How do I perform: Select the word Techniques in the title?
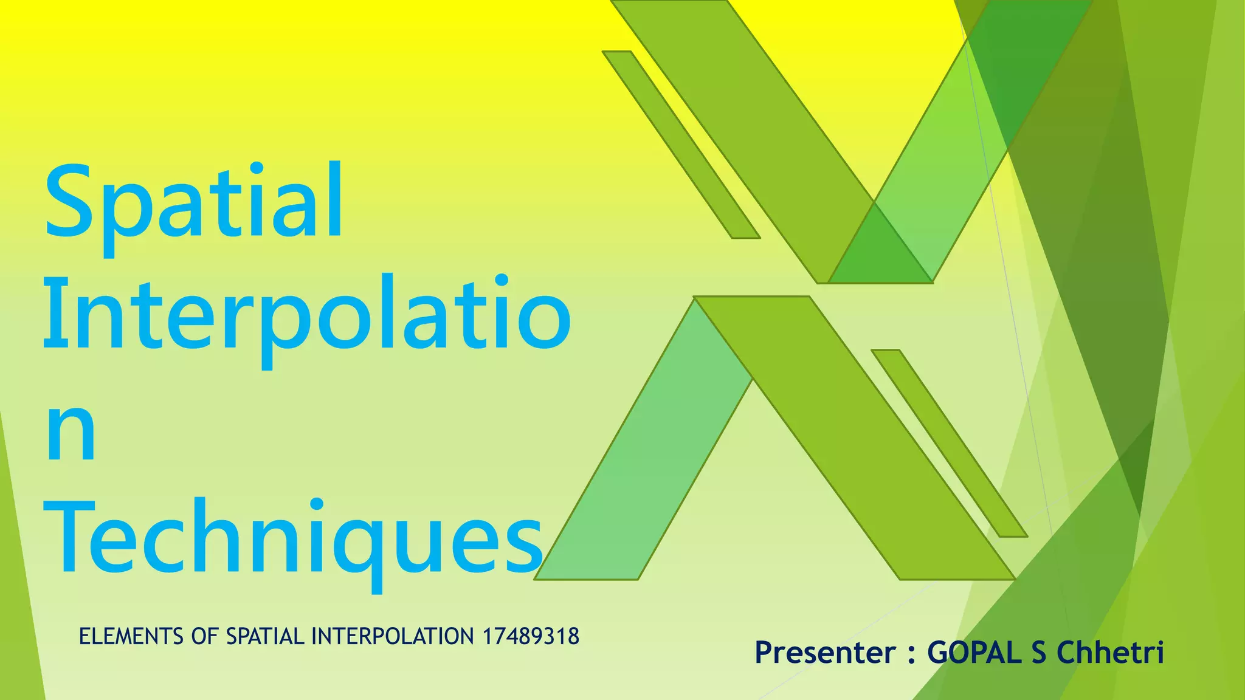pyautogui.click(x=293, y=538)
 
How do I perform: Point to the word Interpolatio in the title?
pyautogui.click(x=307, y=316)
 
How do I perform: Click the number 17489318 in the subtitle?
pyautogui.click(x=531, y=637)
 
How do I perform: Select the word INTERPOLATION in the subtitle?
pyautogui.click(x=393, y=637)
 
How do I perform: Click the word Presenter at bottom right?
pyautogui.click(x=825, y=653)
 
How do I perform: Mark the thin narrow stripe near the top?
pyautogui.click(x=681, y=145)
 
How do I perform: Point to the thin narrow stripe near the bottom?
pyautogui.click(x=950, y=444)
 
